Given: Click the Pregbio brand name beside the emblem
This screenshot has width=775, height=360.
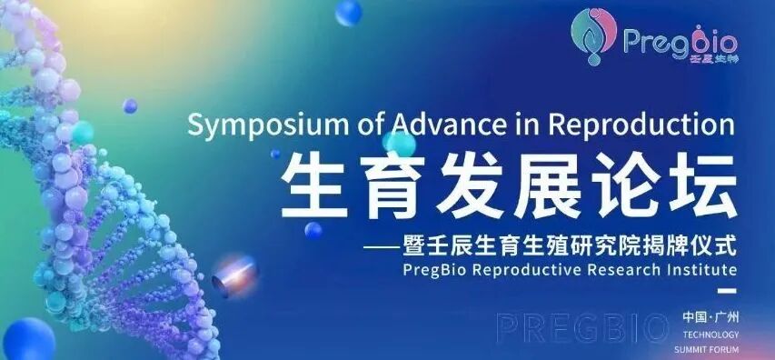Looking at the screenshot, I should (x=681, y=40).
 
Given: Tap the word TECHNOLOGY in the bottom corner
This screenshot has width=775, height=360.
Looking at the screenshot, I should (x=710, y=335).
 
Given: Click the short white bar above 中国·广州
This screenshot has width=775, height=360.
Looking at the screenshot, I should (x=724, y=293).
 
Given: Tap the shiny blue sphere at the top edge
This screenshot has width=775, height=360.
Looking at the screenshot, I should (x=348, y=12).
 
